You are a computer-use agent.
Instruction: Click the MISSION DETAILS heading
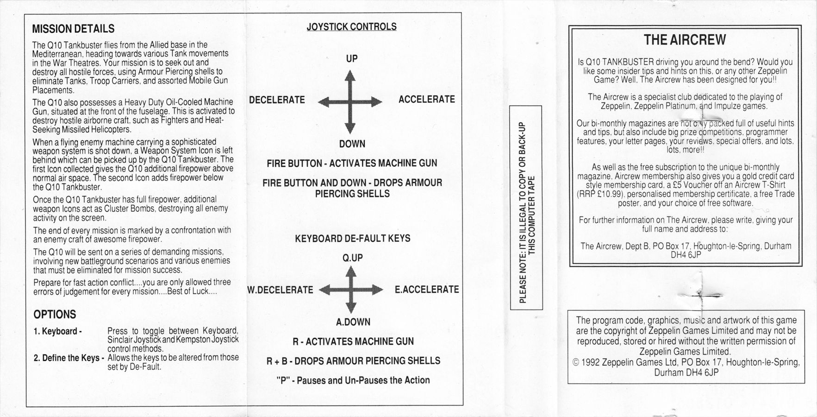pyautogui.click(x=73, y=29)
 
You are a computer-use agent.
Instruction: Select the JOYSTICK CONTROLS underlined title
pyautogui.click(x=351, y=26)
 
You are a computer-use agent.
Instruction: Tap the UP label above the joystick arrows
pyautogui.click(x=352, y=58)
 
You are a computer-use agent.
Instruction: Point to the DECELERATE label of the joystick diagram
pyautogui.click(x=277, y=100)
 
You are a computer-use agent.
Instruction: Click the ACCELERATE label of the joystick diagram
pyautogui.click(x=427, y=99)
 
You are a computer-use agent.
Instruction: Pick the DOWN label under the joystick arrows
pyautogui.click(x=352, y=144)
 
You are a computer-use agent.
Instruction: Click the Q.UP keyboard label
pyautogui.click(x=353, y=258)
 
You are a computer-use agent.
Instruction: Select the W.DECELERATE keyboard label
pyautogui.click(x=280, y=290)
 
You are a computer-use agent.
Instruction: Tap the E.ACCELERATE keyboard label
pyautogui.click(x=427, y=289)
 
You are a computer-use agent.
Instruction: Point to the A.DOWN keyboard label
pyautogui.click(x=353, y=322)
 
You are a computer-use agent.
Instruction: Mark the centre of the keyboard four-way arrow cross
pyautogui.click(x=351, y=290)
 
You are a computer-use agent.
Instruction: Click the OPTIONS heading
pyautogui.click(x=55, y=315)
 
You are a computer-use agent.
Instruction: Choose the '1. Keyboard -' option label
pyautogui.click(x=58, y=331)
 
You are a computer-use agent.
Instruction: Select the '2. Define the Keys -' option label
pyautogui.click(x=69, y=358)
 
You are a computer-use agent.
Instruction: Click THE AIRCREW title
pyautogui.click(x=685, y=40)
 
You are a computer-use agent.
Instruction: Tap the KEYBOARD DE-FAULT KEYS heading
pyautogui.click(x=353, y=238)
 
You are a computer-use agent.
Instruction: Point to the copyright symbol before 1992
pyautogui.click(x=577, y=363)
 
